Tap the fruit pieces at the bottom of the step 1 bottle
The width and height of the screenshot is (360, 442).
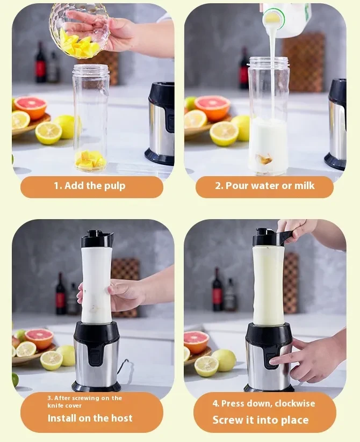90,160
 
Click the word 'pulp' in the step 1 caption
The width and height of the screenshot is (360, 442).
115,186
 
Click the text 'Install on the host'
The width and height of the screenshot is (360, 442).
90,418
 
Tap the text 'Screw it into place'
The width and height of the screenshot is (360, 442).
260,419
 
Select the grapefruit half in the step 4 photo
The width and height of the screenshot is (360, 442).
196,341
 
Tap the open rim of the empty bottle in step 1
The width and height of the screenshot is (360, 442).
91,69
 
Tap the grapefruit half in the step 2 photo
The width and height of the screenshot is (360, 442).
212,107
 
